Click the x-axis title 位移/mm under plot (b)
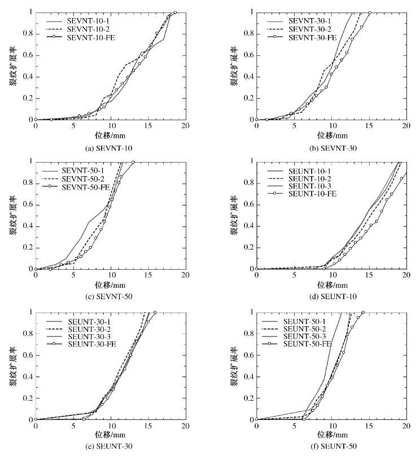pos(331,135)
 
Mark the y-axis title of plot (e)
pos(12,365)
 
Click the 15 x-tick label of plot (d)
pos(369,275)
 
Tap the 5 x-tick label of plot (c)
pos(73,275)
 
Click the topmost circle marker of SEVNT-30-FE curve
pos(370,12)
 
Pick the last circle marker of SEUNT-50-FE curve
pos(363,312)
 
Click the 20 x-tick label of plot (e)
pos(185,426)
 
